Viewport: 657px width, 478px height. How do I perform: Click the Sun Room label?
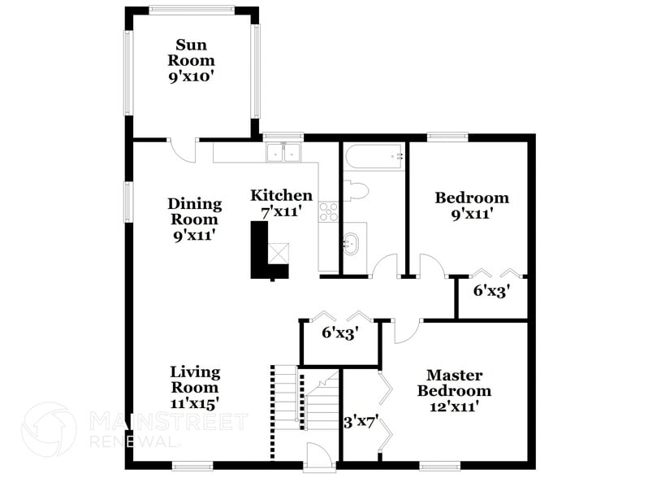click(192, 60)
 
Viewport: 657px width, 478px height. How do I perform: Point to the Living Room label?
click(195, 386)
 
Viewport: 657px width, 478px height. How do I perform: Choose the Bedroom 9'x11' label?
click(472, 206)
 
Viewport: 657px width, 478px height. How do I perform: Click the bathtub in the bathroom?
click(374, 155)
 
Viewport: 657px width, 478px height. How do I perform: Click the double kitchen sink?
click(283, 152)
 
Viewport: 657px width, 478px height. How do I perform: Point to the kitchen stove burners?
click(328, 212)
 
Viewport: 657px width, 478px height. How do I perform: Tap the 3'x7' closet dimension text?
click(360, 423)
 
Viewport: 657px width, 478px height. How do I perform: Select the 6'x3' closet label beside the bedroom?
click(491, 289)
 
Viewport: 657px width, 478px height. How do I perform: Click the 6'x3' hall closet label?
click(339, 332)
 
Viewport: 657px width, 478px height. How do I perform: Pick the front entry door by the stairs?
click(318, 456)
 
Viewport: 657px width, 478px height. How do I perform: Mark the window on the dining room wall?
click(128, 202)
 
